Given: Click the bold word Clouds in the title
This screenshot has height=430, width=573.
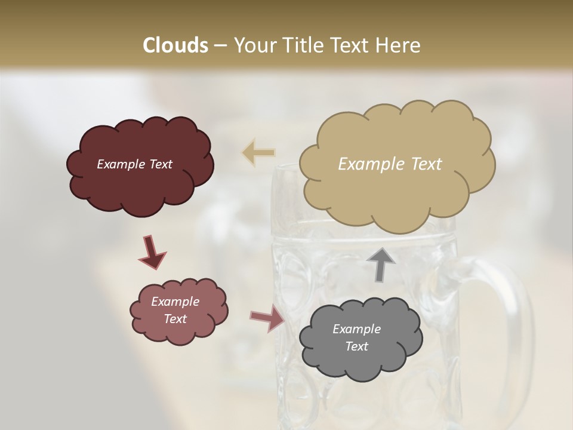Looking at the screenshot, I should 175,45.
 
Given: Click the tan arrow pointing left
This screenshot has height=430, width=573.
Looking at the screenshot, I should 258,152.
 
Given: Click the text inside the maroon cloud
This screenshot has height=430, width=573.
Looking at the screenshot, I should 135,164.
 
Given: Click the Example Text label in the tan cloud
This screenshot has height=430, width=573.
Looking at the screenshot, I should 390,164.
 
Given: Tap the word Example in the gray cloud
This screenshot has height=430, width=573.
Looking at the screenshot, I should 356,329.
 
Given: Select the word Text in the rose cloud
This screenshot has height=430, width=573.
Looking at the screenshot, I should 175,319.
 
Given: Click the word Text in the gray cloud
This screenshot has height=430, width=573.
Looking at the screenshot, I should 356,346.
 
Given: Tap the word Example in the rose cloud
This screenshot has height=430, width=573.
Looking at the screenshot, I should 175,302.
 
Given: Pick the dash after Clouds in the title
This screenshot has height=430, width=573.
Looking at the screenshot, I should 220,45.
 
